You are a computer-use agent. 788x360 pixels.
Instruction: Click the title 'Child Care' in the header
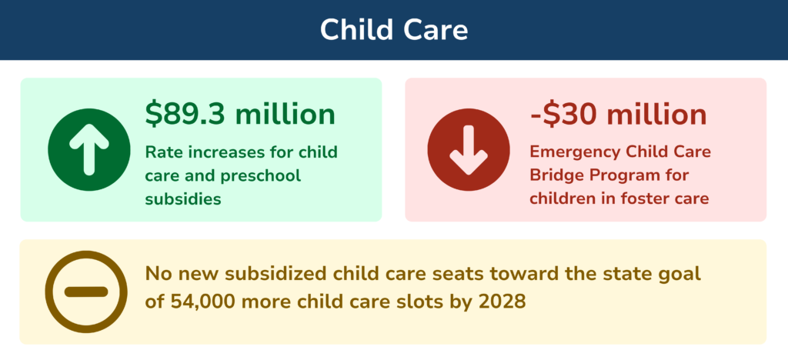point(393,29)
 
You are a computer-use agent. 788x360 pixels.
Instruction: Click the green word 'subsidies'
point(183,199)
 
